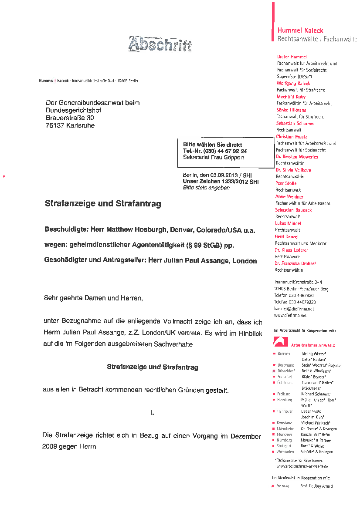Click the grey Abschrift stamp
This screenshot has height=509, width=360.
[160, 44]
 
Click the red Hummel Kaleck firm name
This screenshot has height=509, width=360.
[300, 30]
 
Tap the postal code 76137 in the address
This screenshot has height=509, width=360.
[55, 126]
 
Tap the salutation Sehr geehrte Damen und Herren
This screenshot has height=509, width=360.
[93, 298]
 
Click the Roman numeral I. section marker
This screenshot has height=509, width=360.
[152, 412]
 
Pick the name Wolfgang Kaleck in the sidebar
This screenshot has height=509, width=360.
[293, 83]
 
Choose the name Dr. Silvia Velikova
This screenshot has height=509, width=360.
[293, 170]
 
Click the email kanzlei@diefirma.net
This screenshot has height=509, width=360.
[294, 309]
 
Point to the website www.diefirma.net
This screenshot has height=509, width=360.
[290, 315]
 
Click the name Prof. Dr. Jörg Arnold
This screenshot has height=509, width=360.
[316, 486]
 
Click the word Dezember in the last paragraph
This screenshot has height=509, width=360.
[246, 436]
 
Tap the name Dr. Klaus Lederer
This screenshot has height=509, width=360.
[291, 250]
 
